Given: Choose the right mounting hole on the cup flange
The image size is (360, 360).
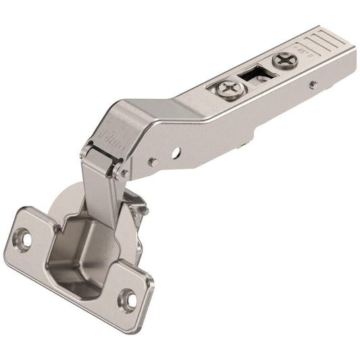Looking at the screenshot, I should (x=128, y=296).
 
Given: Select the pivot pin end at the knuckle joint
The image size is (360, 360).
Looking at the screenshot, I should (x=124, y=173).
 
